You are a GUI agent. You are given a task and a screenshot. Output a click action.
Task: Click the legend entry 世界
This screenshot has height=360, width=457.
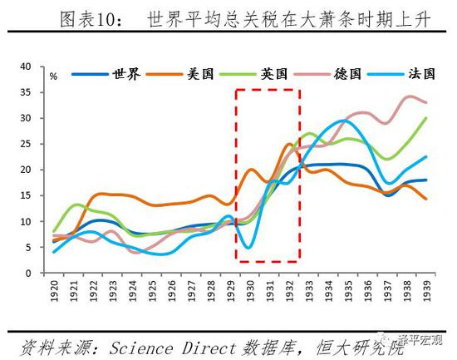tap(125, 74)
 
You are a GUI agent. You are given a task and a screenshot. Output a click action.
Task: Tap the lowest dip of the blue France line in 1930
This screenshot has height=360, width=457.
tap(249, 248)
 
